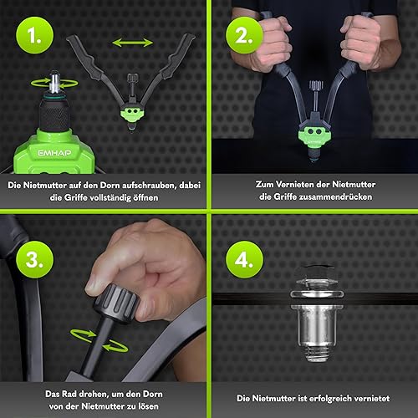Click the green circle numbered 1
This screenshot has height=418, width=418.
coord(34,35)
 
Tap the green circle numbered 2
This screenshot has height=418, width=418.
coord(244,35)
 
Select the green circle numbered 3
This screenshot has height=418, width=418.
coord(34,260)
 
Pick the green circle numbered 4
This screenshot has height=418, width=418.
coord(244,260)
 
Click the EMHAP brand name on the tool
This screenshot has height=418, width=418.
coord(54,153)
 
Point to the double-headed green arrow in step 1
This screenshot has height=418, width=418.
coord(132,43)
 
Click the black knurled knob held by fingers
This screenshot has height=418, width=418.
coord(116,303)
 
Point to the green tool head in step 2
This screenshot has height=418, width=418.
coord(314,136)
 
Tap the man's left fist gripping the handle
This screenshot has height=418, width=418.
coord(362,43)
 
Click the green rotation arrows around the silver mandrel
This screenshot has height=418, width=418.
coord(54,83)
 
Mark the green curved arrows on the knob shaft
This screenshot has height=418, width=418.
coord(99,340)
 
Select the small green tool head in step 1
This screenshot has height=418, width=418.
coord(132,115)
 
